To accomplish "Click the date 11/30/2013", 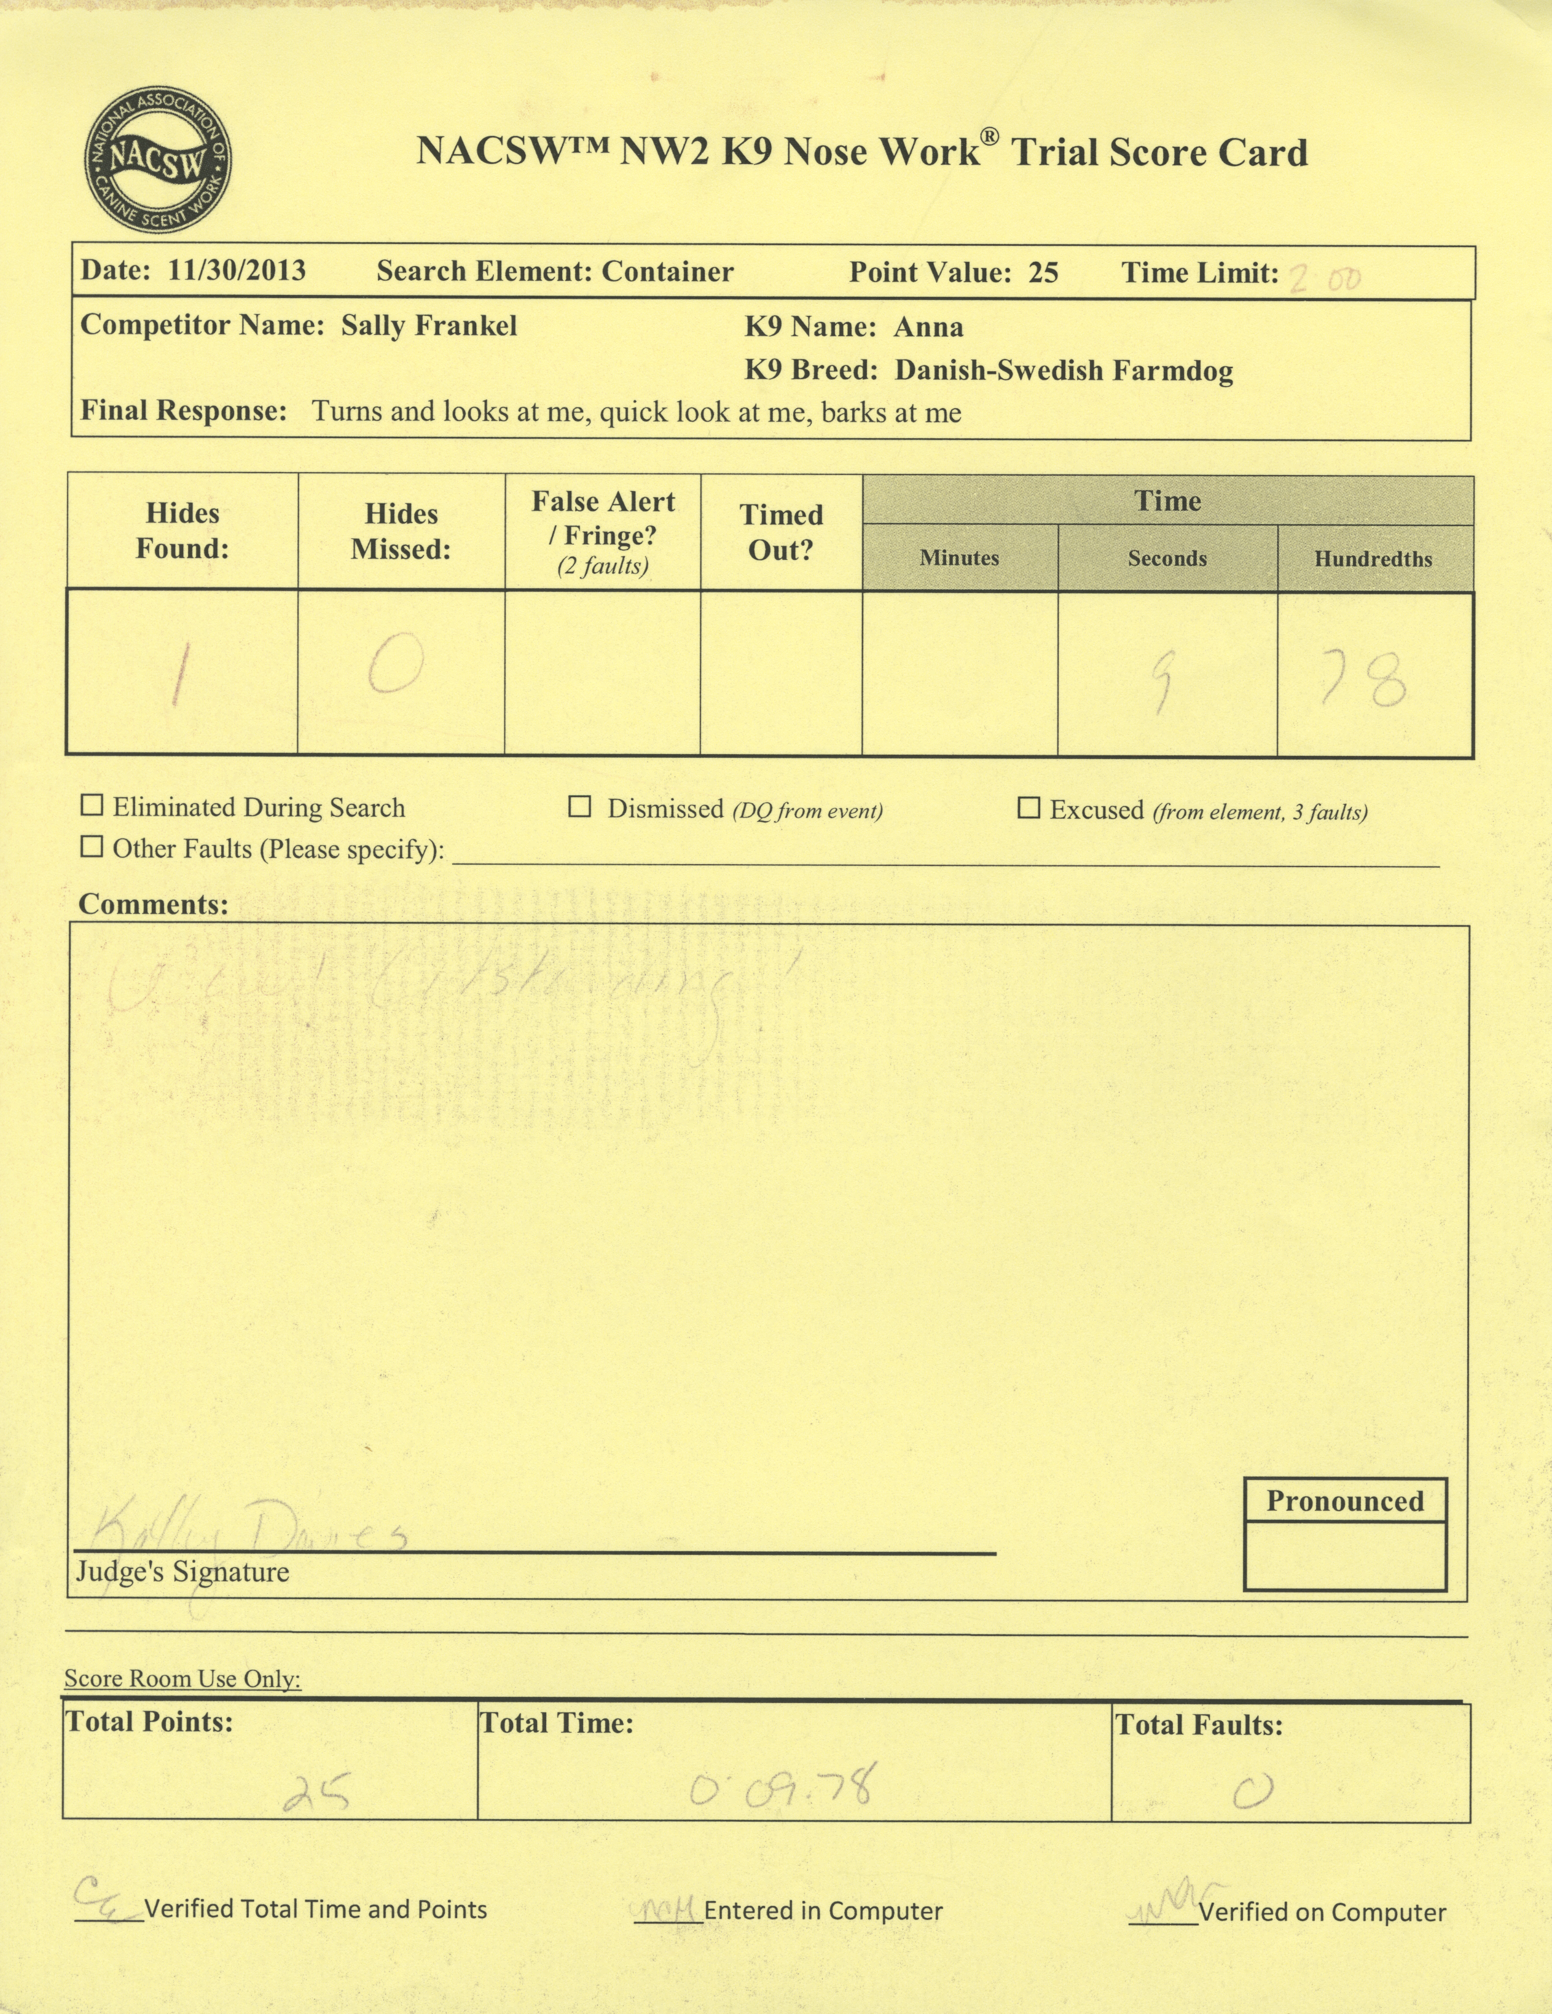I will [x=237, y=270].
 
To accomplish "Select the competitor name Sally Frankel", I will [x=429, y=326].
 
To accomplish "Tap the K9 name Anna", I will [x=928, y=328].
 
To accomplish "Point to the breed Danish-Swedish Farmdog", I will [x=1064, y=371].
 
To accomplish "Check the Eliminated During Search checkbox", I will [x=92, y=806].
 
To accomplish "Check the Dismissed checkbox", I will [x=579, y=808].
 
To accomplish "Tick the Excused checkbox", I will [x=1027, y=809].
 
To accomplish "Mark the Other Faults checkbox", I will [x=92, y=846].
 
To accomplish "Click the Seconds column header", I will [x=1167, y=558].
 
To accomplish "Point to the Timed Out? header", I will [x=780, y=532].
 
